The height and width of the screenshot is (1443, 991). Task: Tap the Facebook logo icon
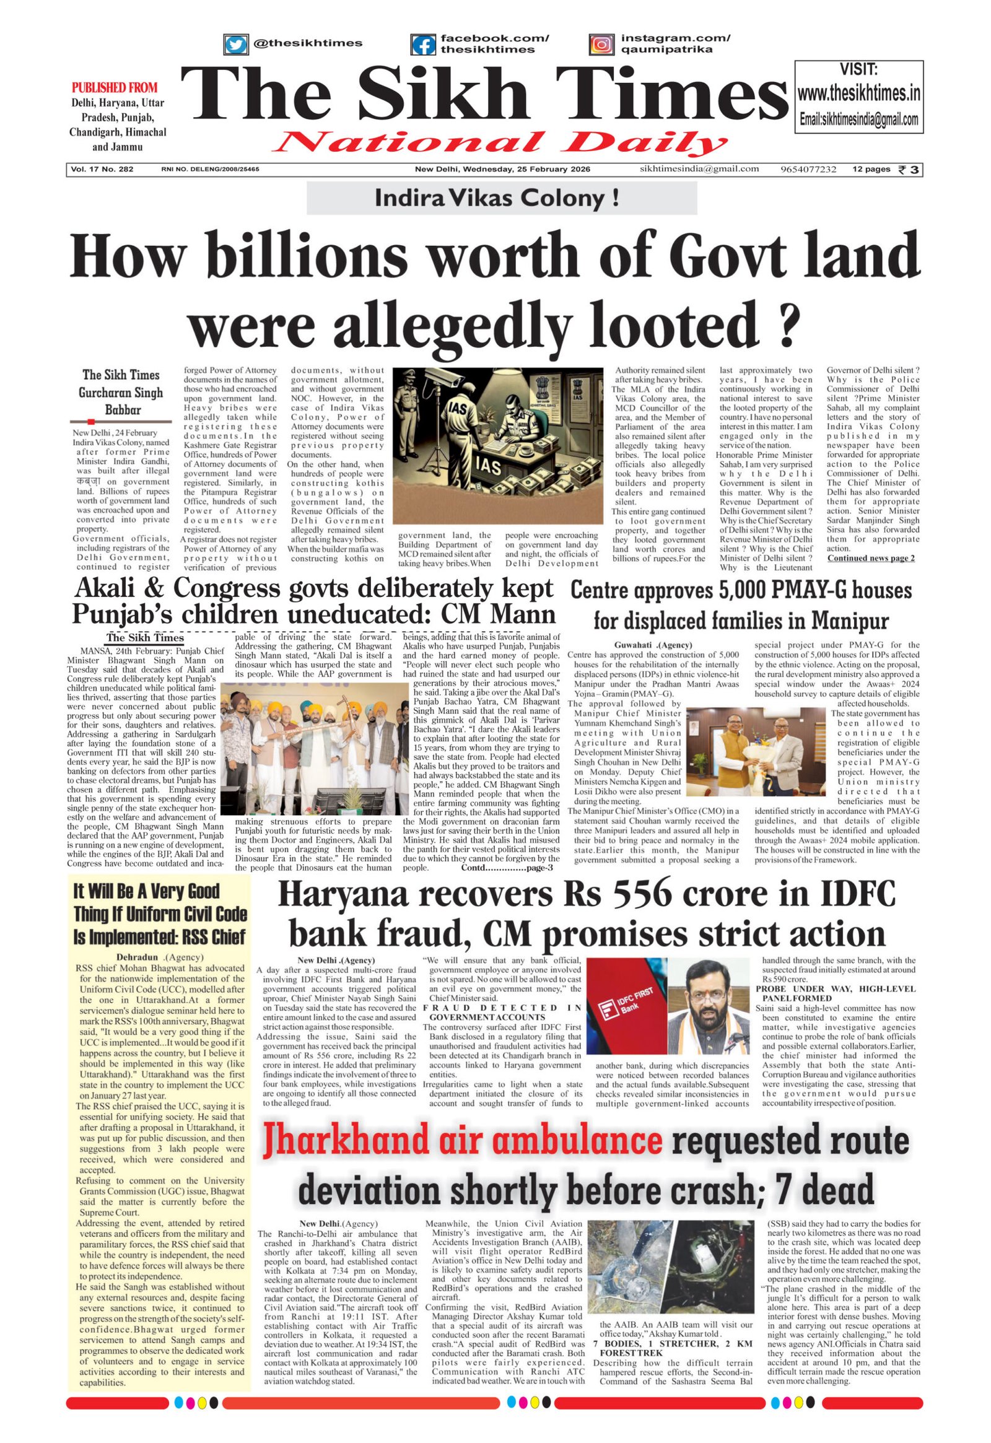[x=424, y=45]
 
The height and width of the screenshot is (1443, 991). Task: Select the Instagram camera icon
[x=601, y=45]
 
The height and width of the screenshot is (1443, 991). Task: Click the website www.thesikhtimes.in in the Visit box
[x=858, y=94]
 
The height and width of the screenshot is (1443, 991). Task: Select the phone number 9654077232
[x=808, y=170]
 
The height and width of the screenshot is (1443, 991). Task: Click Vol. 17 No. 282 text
[x=103, y=170]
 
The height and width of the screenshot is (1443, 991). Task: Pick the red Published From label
[x=115, y=87]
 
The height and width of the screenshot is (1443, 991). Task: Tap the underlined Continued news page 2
[x=871, y=557]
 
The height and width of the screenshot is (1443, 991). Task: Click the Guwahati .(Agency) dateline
[x=653, y=645]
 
